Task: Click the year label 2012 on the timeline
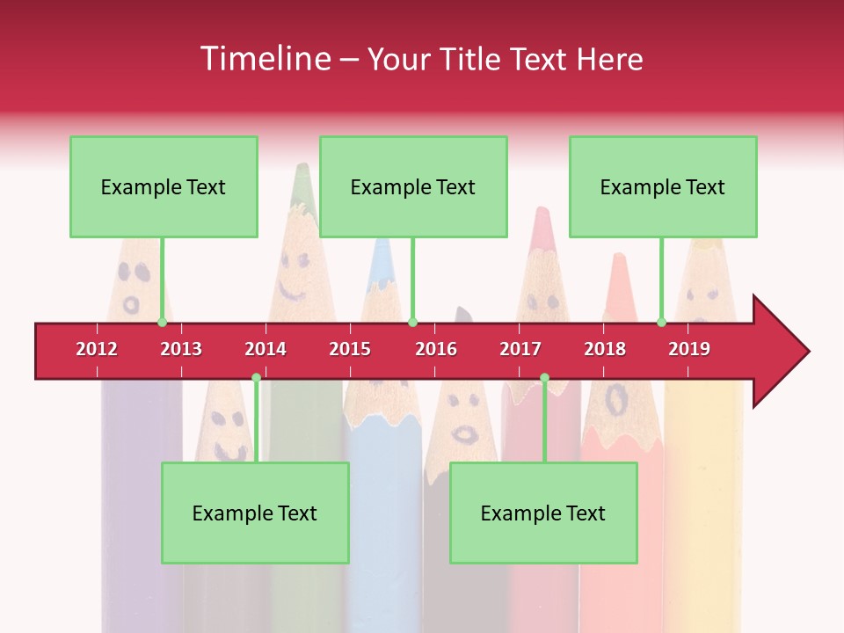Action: (x=97, y=349)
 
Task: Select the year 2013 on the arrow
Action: (x=181, y=349)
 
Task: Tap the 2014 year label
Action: (x=266, y=349)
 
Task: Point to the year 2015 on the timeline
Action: (x=350, y=349)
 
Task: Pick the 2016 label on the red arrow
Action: (x=436, y=349)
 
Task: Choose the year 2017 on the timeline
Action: (x=520, y=349)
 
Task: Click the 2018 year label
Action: (x=605, y=349)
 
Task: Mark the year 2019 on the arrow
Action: (x=689, y=349)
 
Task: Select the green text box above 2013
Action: (x=164, y=186)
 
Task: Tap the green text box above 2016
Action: (x=413, y=186)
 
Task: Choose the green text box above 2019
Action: (x=663, y=186)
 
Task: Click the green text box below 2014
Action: (x=255, y=513)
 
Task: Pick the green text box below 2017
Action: (x=543, y=513)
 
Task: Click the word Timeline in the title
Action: (x=264, y=59)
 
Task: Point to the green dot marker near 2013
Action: (x=163, y=322)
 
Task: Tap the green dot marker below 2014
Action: (x=256, y=378)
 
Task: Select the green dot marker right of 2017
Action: (x=544, y=378)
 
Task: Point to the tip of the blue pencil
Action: (x=381, y=247)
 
